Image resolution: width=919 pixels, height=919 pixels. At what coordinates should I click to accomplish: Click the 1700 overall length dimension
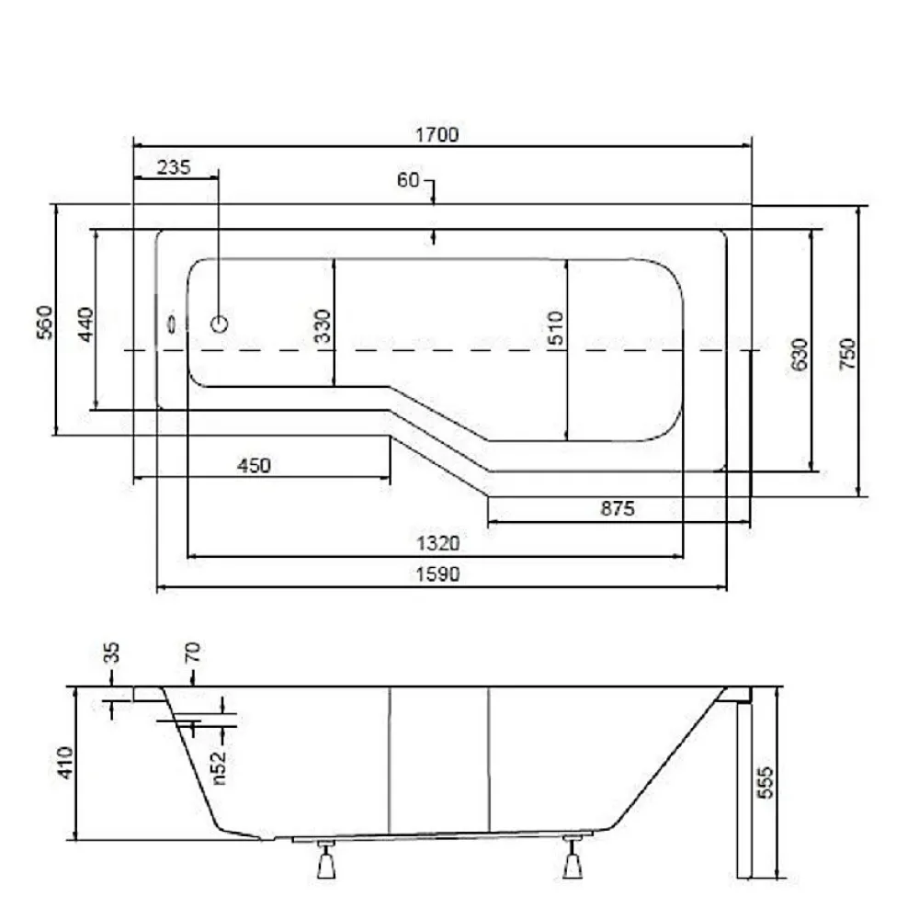point(437,135)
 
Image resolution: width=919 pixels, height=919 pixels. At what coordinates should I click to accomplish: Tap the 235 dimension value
point(174,167)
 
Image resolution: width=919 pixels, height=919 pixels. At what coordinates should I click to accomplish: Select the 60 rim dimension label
point(408,180)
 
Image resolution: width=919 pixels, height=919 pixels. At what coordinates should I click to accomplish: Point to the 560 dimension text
point(44,323)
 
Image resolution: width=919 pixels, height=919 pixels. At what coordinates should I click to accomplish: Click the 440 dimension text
point(86,324)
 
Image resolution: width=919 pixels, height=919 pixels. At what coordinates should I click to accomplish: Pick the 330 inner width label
point(323,326)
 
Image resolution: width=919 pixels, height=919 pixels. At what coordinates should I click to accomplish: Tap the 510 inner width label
point(556,328)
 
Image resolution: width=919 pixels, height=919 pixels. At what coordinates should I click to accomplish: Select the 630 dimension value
point(800,355)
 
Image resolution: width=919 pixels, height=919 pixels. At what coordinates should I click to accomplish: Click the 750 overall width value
point(847,354)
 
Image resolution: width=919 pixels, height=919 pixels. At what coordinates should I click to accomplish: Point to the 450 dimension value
point(254,466)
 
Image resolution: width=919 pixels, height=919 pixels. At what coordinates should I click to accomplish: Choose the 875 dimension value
point(618,508)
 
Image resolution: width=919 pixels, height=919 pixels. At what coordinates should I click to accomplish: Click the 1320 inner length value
point(437,543)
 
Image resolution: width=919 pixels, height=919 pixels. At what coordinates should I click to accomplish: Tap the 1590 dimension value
point(437,574)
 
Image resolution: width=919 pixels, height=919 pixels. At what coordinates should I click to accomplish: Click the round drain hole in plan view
point(220,323)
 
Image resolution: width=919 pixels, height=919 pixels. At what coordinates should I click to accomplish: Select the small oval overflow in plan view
point(172,324)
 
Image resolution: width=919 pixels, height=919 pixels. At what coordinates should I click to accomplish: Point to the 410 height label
point(65,763)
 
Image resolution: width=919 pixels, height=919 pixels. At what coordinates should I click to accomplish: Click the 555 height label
point(765,782)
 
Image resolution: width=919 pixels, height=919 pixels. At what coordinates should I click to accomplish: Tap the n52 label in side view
point(218,767)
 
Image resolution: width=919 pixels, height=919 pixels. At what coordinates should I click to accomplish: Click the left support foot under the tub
point(326,859)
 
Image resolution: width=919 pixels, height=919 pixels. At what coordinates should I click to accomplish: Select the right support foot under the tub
point(573,858)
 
